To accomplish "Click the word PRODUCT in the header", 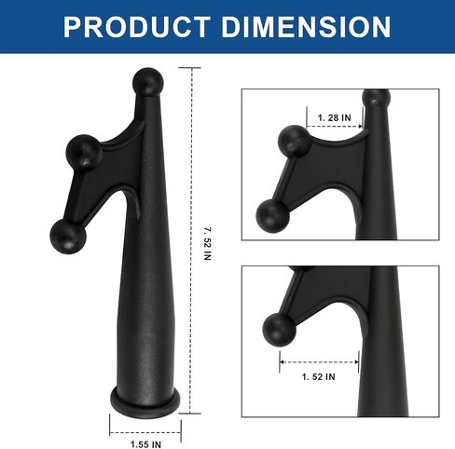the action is (x=137, y=27).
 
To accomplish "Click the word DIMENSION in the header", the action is (x=306, y=27).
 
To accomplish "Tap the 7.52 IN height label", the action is (x=208, y=244).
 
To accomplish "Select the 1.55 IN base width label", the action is (x=145, y=444).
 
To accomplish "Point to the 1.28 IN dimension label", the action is (x=334, y=117).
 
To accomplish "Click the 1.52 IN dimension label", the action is (x=319, y=376).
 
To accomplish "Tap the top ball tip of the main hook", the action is (x=147, y=81).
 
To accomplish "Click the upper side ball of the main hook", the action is (x=84, y=152).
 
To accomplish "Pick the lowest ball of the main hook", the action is (x=68, y=236).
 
